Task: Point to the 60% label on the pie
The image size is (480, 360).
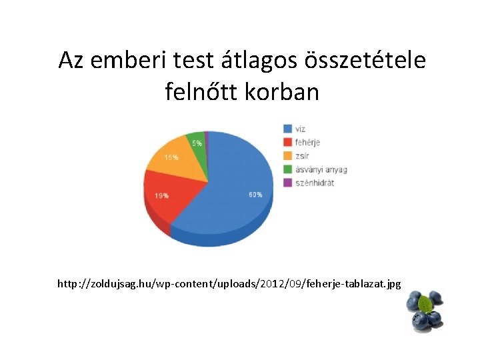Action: point(255,195)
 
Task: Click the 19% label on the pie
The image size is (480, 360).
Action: point(162,196)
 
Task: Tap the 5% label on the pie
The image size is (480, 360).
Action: point(197,143)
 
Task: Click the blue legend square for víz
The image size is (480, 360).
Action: point(287,128)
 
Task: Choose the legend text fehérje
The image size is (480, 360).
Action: point(307,142)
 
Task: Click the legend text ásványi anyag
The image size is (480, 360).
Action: point(321,169)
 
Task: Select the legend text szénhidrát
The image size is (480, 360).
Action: point(315,182)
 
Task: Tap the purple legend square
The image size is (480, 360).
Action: point(287,182)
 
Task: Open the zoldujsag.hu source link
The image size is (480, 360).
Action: point(229,284)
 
